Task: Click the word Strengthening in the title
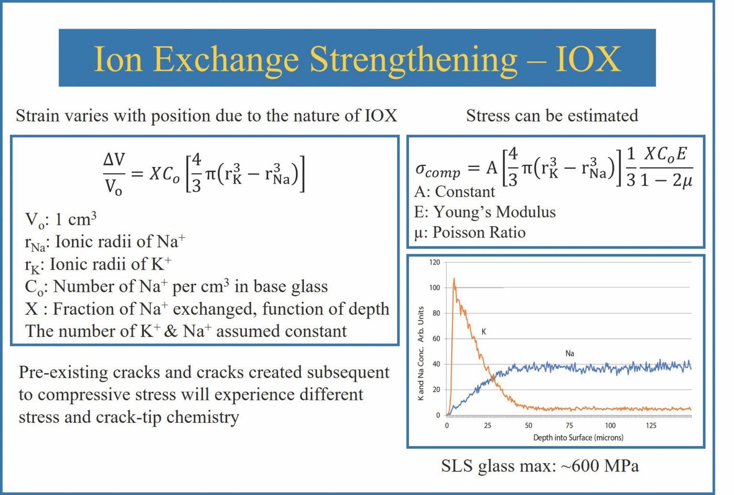(x=413, y=59)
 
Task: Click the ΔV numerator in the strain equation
(x=114, y=160)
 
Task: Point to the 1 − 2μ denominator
(x=666, y=180)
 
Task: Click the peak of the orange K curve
(x=453, y=279)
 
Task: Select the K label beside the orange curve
(x=484, y=331)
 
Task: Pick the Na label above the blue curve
(x=570, y=353)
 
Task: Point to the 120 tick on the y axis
(x=434, y=262)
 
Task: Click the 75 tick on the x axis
(x=569, y=425)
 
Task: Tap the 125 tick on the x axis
(x=651, y=425)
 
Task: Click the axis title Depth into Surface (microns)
(x=578, y=438)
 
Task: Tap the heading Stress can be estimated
(x=552, y=115)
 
